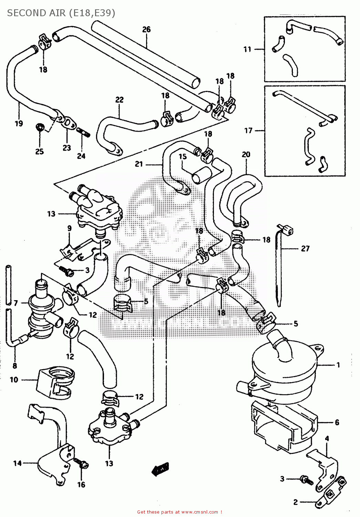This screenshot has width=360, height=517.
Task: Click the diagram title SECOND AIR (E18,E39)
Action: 61,13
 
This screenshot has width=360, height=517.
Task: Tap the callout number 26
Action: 146,29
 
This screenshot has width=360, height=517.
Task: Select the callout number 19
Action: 19,123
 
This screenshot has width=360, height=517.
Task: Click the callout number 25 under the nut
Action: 39,151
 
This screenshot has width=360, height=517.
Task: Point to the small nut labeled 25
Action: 40,127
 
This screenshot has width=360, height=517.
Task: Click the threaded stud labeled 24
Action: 83,132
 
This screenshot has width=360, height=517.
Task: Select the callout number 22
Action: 119,100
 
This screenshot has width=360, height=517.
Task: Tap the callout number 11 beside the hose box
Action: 247,49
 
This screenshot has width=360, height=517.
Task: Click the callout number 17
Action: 248,130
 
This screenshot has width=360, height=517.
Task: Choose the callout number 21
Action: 139,164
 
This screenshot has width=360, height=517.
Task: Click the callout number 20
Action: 246,154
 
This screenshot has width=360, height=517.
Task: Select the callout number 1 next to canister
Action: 338,365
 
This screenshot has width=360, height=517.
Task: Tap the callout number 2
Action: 295,502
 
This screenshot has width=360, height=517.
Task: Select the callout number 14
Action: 17,463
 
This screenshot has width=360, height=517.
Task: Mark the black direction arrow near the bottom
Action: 161,468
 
